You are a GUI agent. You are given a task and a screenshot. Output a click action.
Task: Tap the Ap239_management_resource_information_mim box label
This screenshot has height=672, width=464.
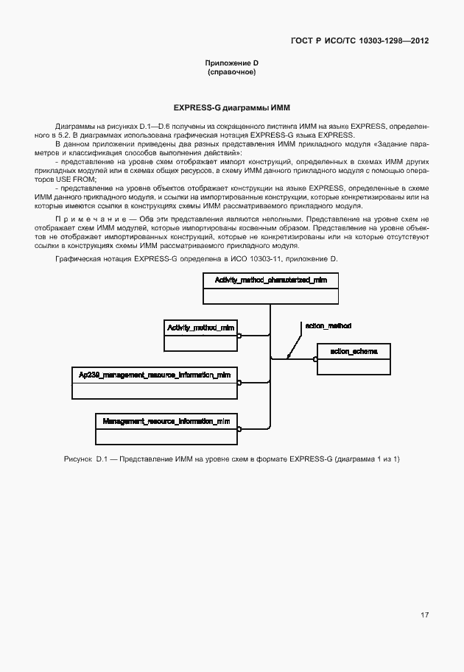tap(154, 375)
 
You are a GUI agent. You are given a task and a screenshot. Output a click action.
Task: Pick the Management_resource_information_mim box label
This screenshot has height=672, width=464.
tap(166, 421)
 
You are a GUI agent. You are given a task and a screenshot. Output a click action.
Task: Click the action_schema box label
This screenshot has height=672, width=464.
tap(354, 352)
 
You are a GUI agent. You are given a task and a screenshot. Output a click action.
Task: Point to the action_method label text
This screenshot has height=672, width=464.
tap(327, 325)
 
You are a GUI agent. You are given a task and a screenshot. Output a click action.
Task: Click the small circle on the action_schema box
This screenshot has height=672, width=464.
tap(315, 359)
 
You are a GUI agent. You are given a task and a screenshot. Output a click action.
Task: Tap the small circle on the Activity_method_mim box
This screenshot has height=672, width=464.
tap(239, 335)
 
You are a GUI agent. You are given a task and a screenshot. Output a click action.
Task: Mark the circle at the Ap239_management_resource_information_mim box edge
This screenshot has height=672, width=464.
tap(239, 382)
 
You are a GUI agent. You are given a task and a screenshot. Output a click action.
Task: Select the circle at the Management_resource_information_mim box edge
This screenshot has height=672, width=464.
tap(239, 428)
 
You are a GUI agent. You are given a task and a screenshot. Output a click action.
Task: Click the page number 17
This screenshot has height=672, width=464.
tap(425, 615)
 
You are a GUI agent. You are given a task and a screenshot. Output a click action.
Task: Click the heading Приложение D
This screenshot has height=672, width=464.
tap(232, 64)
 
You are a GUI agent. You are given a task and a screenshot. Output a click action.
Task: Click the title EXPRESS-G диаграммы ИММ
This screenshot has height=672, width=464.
tap(232, 107)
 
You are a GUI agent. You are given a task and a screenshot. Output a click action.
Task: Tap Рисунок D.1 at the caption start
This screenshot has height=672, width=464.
tap(86, 459)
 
